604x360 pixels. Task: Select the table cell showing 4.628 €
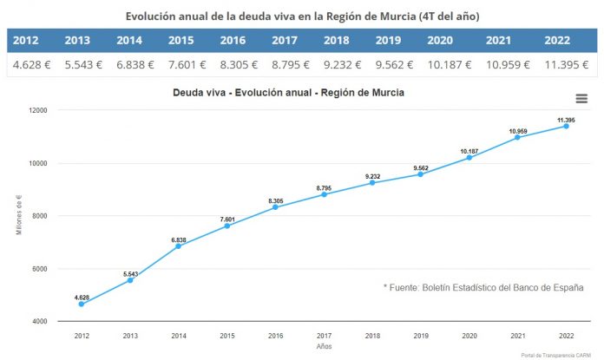(x=30, y=64)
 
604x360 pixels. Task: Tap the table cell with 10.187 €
(x=447, y=64)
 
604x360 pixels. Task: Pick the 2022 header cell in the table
(x=557, y=40)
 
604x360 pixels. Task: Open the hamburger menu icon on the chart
(x=581, y=98)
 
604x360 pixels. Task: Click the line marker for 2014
(x=178, y=245)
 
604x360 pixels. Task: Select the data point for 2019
(x=421, y=173)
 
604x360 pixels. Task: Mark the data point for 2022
(x=567, y=126)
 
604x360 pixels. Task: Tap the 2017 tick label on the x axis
(x=324, y=334)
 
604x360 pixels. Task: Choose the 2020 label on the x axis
(x=469, y=334)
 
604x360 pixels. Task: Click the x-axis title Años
(x=324, y=345)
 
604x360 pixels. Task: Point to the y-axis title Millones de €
(x=20, y=215)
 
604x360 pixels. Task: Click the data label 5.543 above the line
(x=129, y=273)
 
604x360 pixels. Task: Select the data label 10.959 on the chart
(x=518, y=130)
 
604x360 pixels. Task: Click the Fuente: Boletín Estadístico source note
(x=483, y=287)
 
